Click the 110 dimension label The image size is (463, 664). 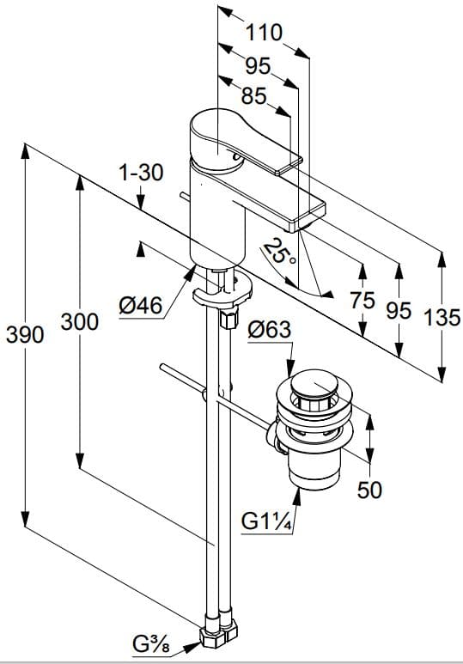[x=264, y=33]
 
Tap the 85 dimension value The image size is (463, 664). [x=253, y=96]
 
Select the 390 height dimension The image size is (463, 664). [x=25, y=335]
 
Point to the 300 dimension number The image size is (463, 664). [x=79, y=322]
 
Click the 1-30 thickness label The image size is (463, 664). [x=140, y=173]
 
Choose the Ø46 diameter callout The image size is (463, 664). [x=141, y=305]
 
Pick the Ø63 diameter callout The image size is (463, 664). [x=270, y=330]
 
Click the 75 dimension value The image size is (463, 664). [x=362, y=301]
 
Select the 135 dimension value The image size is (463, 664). [x=442, y=317]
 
